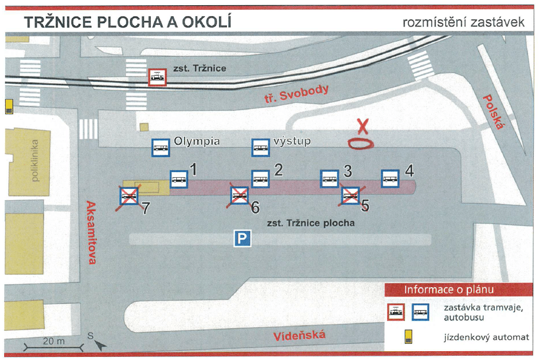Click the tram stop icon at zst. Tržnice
(158, 77)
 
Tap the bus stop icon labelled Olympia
(161, 147)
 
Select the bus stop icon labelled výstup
(260, 147)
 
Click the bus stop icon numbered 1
(179, 179)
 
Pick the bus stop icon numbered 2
(260, 179)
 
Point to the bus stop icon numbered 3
(330, 179)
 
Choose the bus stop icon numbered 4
(390, 179)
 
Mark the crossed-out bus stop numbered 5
(350, 196)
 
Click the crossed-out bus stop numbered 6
(239, 196)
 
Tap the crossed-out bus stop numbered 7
(129, 196)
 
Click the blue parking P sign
(242, 238)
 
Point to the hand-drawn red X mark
(363, 126)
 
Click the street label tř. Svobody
(297, 94)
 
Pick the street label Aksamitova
(91, 233)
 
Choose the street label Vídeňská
(299, 336)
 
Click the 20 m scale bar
(54, 347)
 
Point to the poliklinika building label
(35, 161)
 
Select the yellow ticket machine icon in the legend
(408, 337)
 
